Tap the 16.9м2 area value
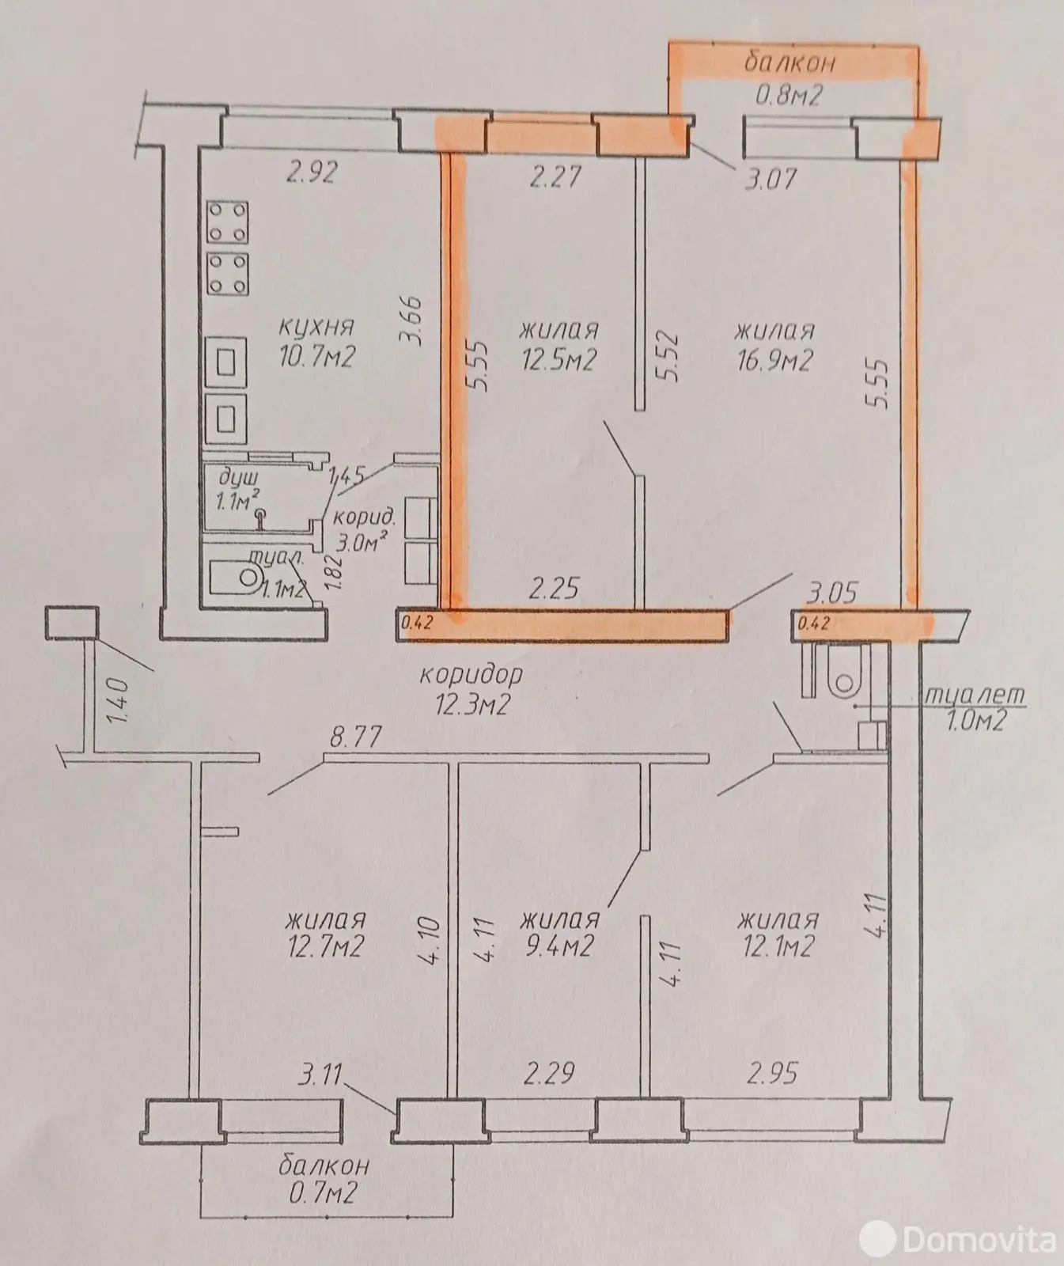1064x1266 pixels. tap(774, 361)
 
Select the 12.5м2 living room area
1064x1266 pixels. tap(559, 361)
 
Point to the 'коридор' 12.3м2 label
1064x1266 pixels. tap(471, 688)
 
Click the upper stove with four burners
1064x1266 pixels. tap(227, 222)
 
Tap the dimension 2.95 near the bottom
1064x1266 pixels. tap(772, 1074)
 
